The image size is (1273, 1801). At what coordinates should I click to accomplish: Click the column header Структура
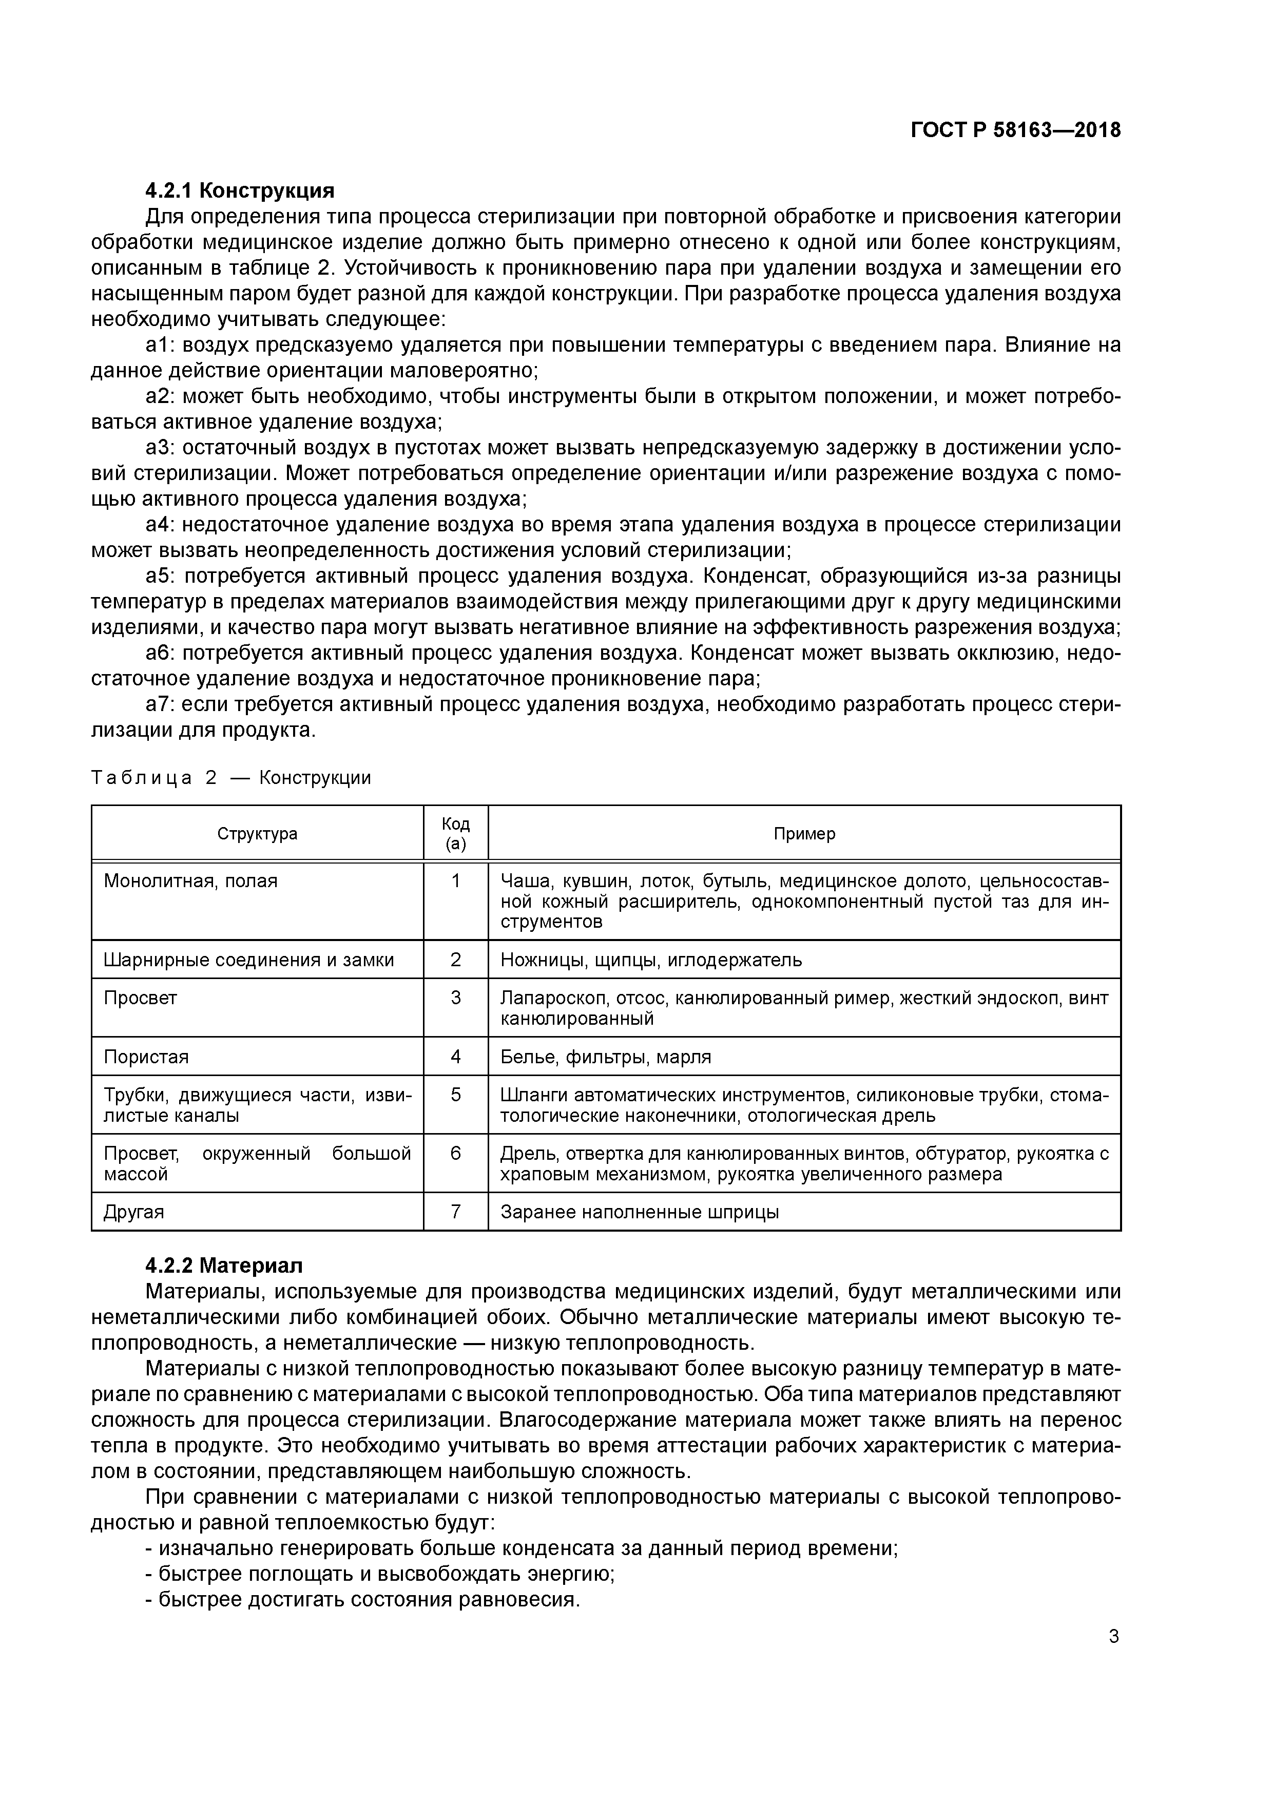click(257, 833)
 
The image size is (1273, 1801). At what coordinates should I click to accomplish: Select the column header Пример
click(804, 833)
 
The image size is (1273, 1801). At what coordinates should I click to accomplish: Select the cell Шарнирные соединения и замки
click(248, 960)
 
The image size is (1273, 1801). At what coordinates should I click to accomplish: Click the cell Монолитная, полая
click(190, 881)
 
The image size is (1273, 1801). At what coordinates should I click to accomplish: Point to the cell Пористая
click(146, 1057)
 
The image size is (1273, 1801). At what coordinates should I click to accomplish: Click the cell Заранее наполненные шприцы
click(639, 1212)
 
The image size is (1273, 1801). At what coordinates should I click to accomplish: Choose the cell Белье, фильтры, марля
click(606, 1057)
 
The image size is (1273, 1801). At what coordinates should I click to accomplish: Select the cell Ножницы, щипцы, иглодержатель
click(651, 960)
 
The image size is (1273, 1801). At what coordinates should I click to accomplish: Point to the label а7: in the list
click(162, 704)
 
